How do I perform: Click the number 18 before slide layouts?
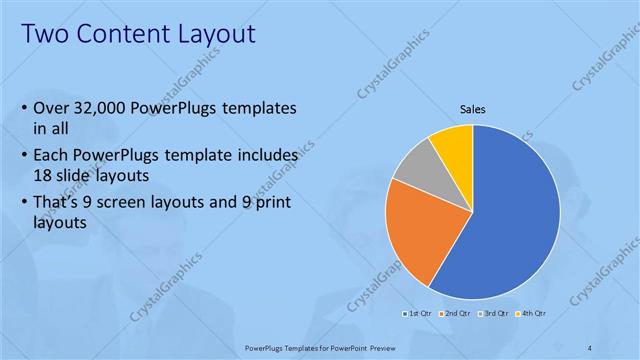(x=43, y=175)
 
